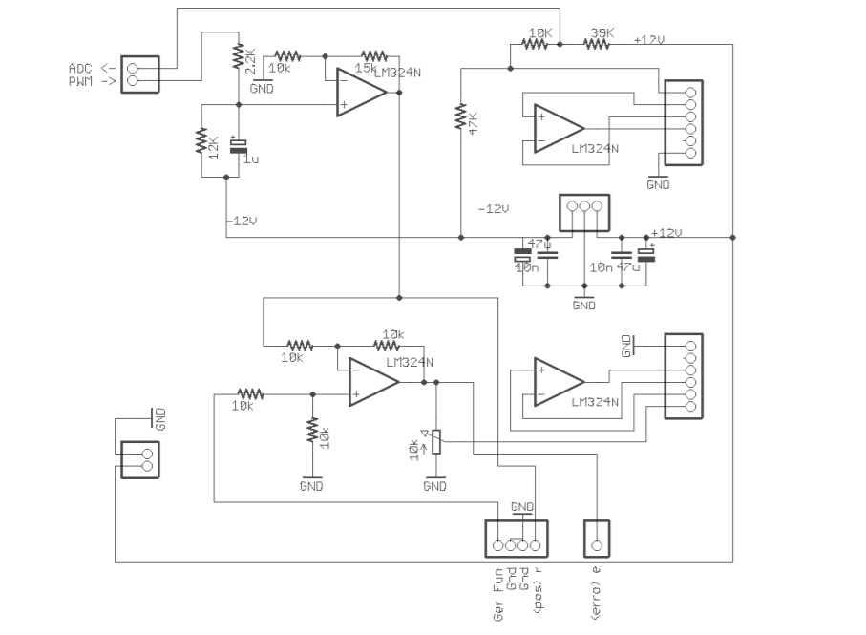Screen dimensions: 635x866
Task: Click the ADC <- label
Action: point(92,69)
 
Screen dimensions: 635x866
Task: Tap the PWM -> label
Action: point(92,82)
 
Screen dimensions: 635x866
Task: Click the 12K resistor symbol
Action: point(201,141)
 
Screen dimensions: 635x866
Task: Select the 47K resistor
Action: point(461,116)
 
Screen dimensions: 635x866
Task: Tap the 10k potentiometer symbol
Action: point(435,442)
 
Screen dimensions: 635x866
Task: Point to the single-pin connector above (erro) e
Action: point(597,539)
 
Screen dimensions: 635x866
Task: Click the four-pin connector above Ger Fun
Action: point(516,539)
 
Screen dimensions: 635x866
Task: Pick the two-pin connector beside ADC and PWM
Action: point(139,74)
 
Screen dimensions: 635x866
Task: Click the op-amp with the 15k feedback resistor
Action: point(361,94)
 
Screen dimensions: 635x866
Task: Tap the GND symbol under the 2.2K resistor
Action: point(261,86)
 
